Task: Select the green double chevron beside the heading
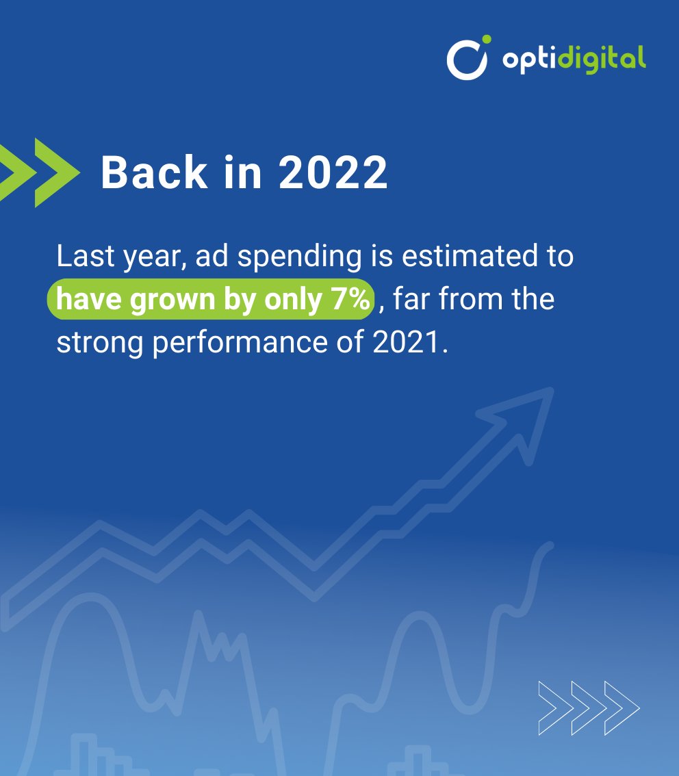coord(38,172)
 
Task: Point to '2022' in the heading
coord(333,172)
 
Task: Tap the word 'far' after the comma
coord(411,300)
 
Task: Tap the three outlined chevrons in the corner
coord(589,708)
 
